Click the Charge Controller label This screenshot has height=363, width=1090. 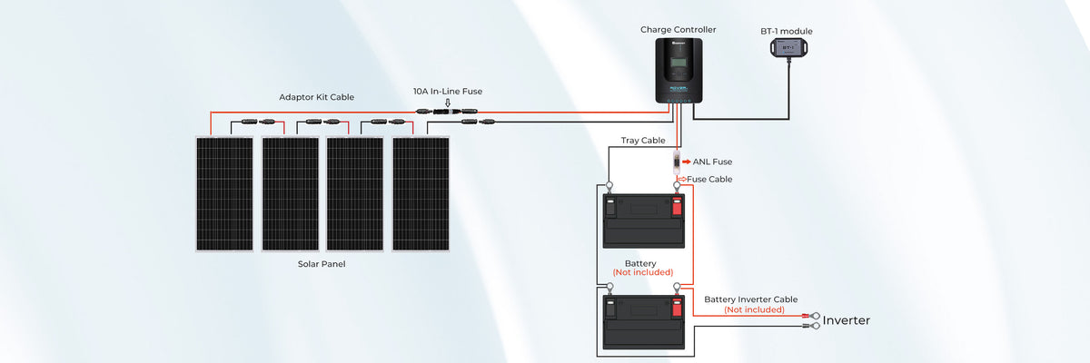pyautogui.click(x=678, y=30)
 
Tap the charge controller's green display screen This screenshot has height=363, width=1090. pyautogui.click(x=679, y=66)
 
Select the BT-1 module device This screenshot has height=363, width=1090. pyautogui.click(x=788, y=47)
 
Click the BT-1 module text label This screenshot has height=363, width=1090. pyautogui.click(x=786, y=31)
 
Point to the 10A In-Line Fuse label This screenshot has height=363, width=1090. pyautogui.click(x=448, y=91)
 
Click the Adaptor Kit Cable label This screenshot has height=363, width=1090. pyautogui.click(x=316, y=96)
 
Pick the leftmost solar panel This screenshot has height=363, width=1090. pyautogui.click(x=225, y=193)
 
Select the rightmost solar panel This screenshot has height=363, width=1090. pyautogui.click(x=421, y=193)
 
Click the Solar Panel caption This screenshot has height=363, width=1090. pyautogui.click(x=322, y=264)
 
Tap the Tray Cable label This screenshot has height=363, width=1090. pyautogui.click(x=643, y=141)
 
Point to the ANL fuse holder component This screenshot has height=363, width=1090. pyautogui.click(x=678, y=162)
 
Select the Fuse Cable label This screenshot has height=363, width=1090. pyautogui.click(x=709, y=179)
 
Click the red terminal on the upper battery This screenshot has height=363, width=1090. pyautogui.click(x=677, y=206)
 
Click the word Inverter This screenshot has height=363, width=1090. pyautogui.click(x=846, y=320)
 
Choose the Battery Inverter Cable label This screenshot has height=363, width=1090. pyautogui.click(x=751, y=299)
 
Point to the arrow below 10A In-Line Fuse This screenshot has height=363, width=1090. pyautogui.click(x=447, y=103)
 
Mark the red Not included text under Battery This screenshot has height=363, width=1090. pyautogui.click(x=642, y=272)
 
